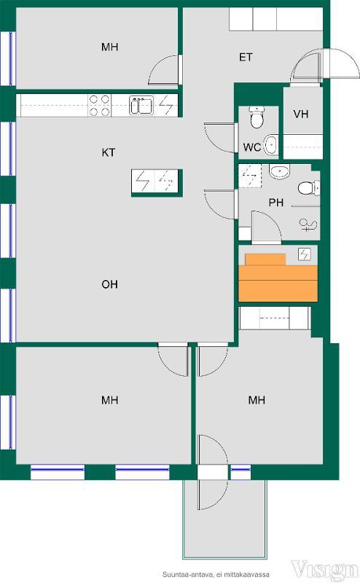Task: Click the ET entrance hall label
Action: click(246, 58)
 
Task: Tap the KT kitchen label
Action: click(109, 152)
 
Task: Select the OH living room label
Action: click(110, 284)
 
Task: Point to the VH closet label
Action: click(301, 114)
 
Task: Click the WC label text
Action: click(251, 147)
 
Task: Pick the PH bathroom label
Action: click(276, 203)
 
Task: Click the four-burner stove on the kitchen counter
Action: click(100, 105)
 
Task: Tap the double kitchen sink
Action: click(141, 105)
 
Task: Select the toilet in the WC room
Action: click(257, 117)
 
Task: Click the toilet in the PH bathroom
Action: click(309, 188)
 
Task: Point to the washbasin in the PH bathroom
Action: click(279, 171)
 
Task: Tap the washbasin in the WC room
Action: click(270, 144)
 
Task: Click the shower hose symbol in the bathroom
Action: click(308, 225)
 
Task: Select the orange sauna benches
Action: click(278, 278)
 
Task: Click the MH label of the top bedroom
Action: click(110, 47)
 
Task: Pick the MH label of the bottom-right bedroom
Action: click(257, 400)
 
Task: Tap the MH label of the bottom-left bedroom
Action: click(110, 400)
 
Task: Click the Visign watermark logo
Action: click(324, 570)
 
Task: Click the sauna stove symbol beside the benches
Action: click(304, 254)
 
